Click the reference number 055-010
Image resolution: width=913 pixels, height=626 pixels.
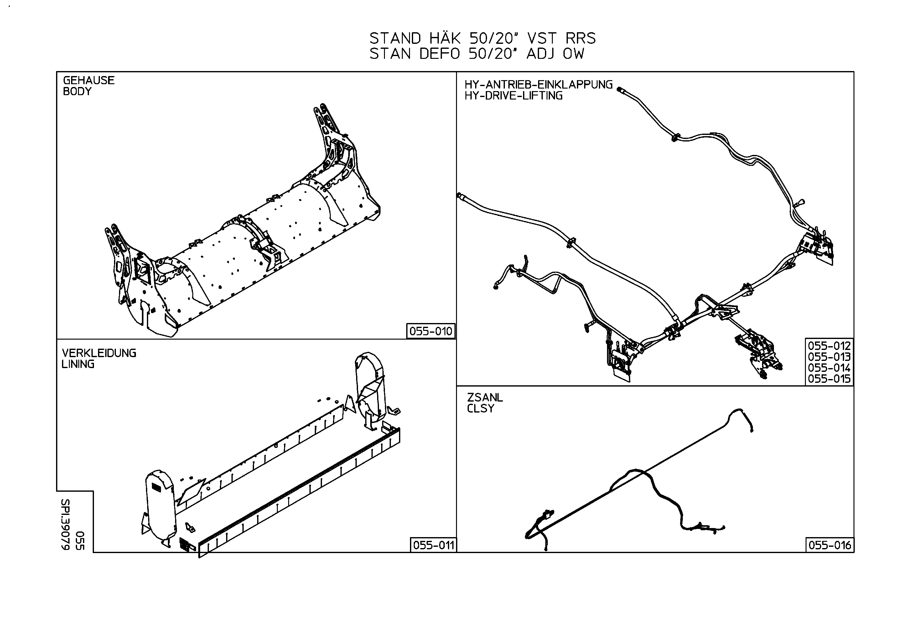pos(431,331)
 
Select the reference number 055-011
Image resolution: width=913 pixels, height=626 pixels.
pos(434,545)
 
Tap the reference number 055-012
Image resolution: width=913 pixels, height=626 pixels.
pos(829,346)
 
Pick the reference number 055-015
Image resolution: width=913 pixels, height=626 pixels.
pos(829,379)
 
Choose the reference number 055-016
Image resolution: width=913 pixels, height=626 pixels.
pos(830,545)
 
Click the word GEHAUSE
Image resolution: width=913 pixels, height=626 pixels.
pos(89,80)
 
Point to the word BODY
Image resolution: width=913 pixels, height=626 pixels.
pos(77,91)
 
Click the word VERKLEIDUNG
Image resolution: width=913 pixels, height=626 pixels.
pos(99,353)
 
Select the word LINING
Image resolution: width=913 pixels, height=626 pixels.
pos(78,364)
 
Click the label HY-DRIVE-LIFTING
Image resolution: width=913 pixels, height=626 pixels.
pos(513,96)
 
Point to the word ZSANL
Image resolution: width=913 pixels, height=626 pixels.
pos(485,398)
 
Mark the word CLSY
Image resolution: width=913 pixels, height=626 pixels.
pos(480,408)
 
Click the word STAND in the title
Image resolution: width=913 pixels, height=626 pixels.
pos(395,38)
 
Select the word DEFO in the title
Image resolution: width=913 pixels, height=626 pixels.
pos(439,54)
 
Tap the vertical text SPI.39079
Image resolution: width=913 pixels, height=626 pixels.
pos(65,524)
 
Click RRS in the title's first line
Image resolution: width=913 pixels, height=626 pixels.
pos(581,38)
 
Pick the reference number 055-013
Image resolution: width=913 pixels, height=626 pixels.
pos(829,357)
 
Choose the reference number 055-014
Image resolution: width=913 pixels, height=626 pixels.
pos(829,368)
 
